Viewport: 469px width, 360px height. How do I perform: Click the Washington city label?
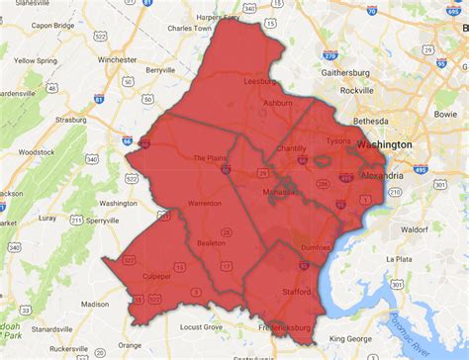(x=386, y=144)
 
